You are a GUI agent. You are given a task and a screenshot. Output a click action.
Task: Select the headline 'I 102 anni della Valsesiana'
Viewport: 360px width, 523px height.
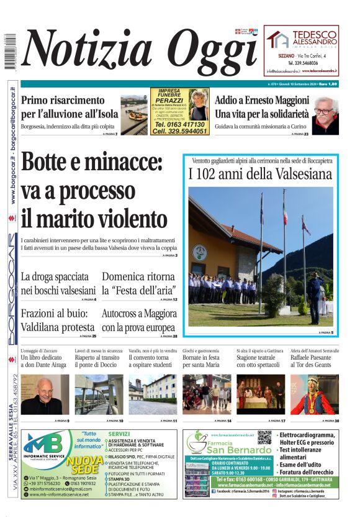point(261,174)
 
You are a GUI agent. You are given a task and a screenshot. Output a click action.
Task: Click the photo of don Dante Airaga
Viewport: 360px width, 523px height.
point(45,394)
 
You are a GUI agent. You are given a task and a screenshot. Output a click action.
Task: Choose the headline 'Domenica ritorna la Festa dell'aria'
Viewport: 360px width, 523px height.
point(139,283)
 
